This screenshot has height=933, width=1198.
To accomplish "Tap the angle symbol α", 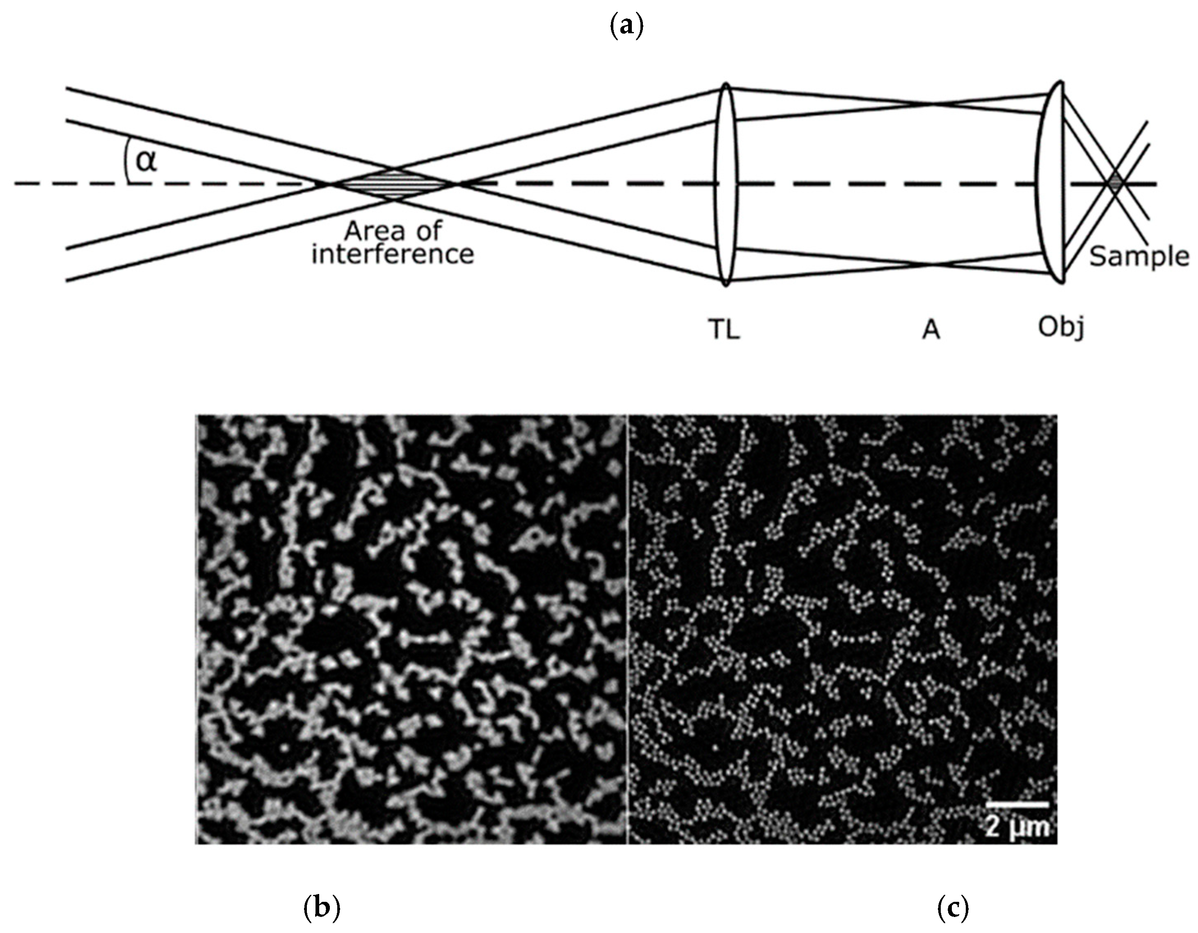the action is click(146, 161).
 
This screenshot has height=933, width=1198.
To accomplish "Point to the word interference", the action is click(393, 254).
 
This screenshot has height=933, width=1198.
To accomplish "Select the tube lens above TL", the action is click(725, 184).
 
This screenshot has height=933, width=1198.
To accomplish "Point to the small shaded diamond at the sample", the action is click(1115, 183).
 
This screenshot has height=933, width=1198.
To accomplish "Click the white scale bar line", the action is click(1017, 804).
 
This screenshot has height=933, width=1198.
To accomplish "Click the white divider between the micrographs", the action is click(626, 629).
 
